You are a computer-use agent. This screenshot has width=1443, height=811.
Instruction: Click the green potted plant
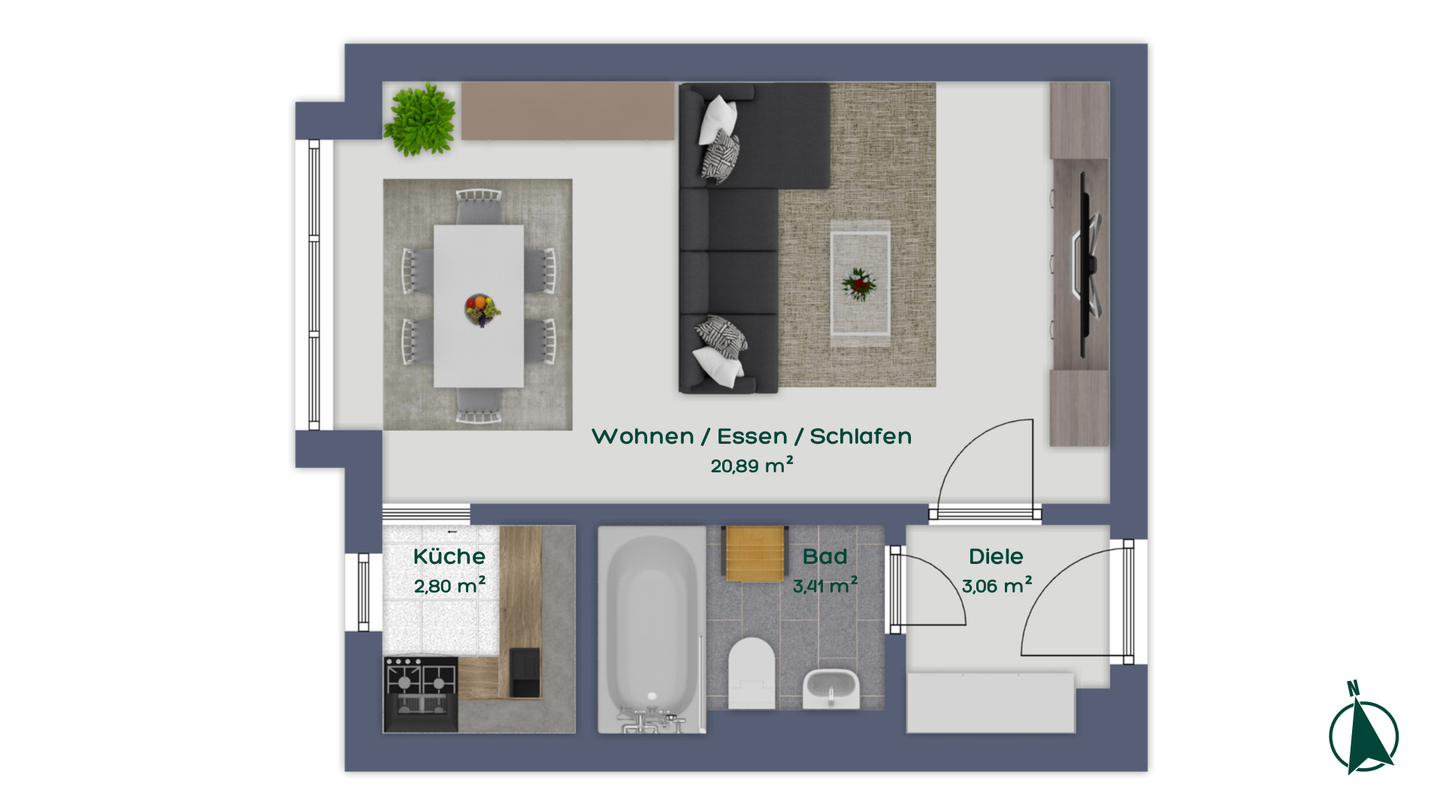coord(420,120)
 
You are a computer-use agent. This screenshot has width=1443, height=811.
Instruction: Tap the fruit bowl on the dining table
coord(482,309)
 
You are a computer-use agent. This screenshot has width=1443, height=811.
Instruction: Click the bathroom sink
coord(830,688)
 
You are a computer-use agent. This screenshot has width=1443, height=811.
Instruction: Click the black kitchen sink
coord(525,673)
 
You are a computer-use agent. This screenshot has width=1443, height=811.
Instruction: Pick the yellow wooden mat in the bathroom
coord(755,553)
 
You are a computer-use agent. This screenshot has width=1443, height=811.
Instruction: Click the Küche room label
coord(449,556)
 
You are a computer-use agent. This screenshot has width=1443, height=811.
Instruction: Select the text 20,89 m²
coord(752,466)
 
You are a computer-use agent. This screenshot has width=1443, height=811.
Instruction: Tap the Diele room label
coord(996,556)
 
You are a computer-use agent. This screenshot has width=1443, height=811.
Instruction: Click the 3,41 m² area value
coord(825,585)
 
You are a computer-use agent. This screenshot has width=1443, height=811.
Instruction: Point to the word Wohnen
coord(643,436)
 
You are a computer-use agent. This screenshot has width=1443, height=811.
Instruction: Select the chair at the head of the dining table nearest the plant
coord(479,205)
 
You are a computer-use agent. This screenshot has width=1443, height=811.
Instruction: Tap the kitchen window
coord(364,592)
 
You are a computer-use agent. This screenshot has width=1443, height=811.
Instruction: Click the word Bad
coord(824,556)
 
